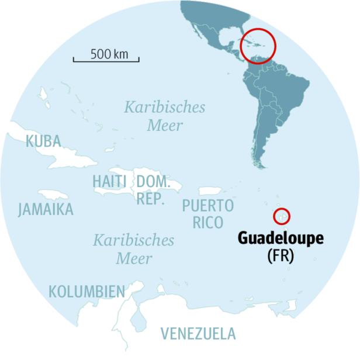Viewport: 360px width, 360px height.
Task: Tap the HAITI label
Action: coord(109,182)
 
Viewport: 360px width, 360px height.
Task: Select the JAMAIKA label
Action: coord(46,209)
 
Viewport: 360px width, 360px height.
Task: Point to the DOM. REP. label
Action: coord(153,190)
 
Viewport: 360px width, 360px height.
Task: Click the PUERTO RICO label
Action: coord(207,214)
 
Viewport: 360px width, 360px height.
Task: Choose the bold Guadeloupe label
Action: coord(280,240)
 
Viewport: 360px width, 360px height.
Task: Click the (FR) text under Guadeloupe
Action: coord(280,255)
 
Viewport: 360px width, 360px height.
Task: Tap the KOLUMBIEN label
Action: coord(86,291)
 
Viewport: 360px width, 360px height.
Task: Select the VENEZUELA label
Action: coord(198,334)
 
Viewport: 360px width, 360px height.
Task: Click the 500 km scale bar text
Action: coord(109,54)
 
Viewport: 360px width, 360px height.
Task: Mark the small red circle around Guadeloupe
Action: coord(282,216)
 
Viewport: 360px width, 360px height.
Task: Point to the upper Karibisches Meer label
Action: coord(164,116)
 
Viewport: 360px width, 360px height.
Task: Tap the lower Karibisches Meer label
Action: coord(134,248)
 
